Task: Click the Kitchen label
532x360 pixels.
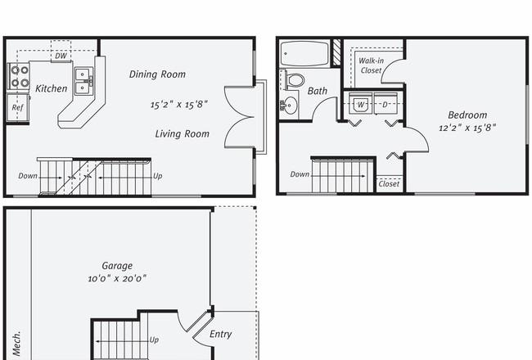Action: click(x=52, y=88)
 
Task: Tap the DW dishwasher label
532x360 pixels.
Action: click(x=61, y=56)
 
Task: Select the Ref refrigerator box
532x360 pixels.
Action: click(x=18, y=107)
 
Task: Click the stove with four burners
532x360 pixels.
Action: click(x=19, y=76)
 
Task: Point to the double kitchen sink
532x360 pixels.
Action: click(x=83, y=81)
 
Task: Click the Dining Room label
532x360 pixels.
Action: click(x=157, y=74)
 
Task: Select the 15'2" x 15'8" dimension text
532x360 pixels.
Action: click(x=178, y=104)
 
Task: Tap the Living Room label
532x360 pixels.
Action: click(x=183, y=133)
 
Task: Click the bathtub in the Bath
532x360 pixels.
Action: click(x=304, y=53)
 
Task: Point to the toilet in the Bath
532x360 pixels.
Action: click(x=294, y=80)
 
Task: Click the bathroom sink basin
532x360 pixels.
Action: click(x=289, y=106)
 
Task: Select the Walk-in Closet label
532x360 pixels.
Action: click(x=372, y=65)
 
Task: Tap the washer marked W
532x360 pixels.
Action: click(x=361, y=104)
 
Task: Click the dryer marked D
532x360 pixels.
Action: click(x=385, y=104)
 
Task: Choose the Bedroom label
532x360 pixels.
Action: click(x=467, y=115)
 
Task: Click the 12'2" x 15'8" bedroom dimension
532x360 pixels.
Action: click(x=467, y=128)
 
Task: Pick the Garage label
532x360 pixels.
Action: click(x=117, y=266)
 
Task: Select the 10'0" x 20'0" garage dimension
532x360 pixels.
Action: click(x=117, y=278)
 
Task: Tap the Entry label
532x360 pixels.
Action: click(x=220, y=334)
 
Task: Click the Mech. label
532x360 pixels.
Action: click(x=17, y=344)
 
